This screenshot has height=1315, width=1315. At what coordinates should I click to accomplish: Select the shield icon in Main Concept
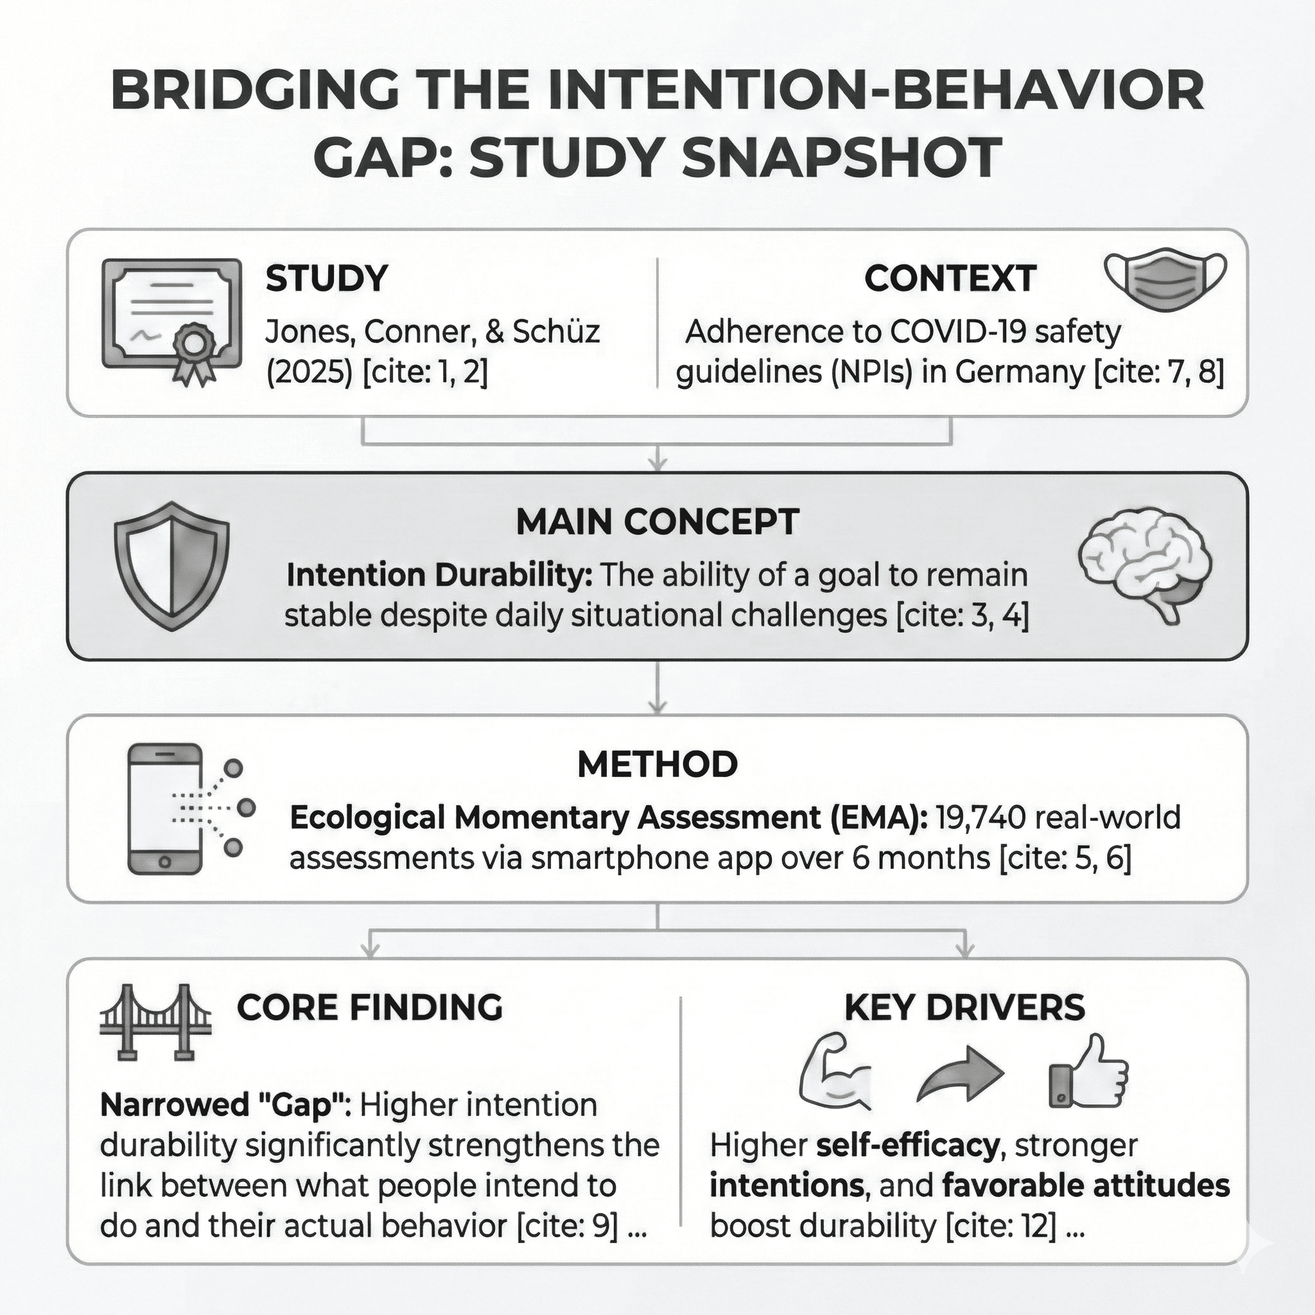[171, 566]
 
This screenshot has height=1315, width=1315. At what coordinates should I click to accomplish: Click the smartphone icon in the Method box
[166, 808]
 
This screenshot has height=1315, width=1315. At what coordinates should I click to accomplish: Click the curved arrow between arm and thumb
[961, 1074]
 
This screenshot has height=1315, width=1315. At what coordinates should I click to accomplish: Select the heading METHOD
[657, 764]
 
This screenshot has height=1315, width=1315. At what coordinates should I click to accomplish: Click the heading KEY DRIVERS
[964, 1008]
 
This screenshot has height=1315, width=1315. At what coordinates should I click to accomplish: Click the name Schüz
[556, 331]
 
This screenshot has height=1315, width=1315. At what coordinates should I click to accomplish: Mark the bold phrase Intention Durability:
[439, 575]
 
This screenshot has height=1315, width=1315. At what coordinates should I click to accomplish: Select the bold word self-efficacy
[907, 1145]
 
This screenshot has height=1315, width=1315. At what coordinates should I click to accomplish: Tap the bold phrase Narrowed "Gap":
[225, 1104]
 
